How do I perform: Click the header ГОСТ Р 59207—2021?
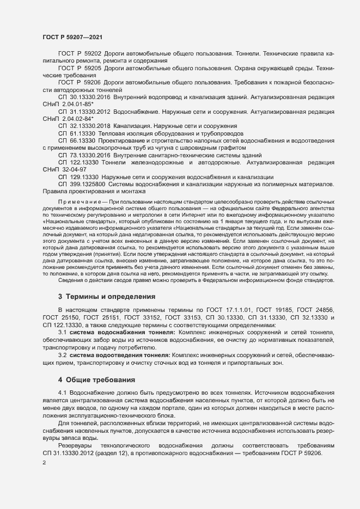[x=71, y=37]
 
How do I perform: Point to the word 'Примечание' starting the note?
[x=78, y=201]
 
